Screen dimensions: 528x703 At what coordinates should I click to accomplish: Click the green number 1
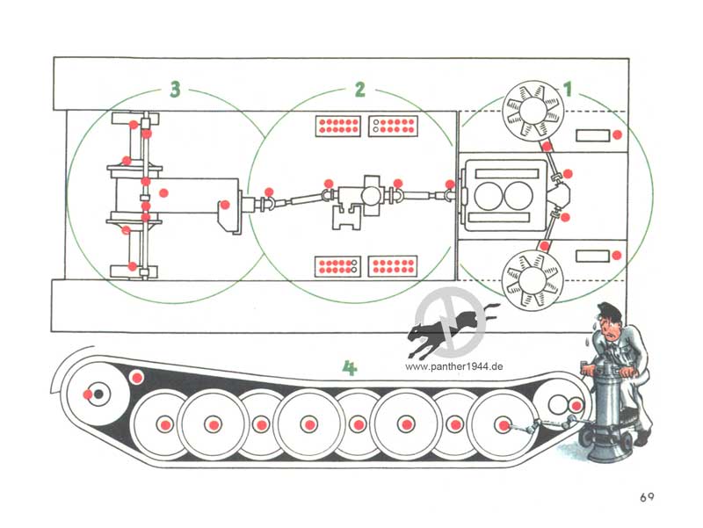point(568,88)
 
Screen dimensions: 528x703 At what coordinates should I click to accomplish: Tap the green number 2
point(359,89)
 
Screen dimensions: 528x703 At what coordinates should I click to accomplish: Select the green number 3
point(175,89)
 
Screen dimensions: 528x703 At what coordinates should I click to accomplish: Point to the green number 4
point(349,369)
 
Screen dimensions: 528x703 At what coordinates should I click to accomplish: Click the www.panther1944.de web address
point(455,369)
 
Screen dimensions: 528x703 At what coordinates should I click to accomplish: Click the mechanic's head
point(609,318)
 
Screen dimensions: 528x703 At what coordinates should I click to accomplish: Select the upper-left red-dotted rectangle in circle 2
point(338,125)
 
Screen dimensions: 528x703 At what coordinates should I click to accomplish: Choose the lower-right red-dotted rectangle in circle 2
point(392,265)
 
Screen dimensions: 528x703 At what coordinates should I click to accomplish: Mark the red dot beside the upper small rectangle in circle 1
point(618,134)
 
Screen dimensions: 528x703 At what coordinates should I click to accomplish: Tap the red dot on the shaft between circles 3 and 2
point(270,192)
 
